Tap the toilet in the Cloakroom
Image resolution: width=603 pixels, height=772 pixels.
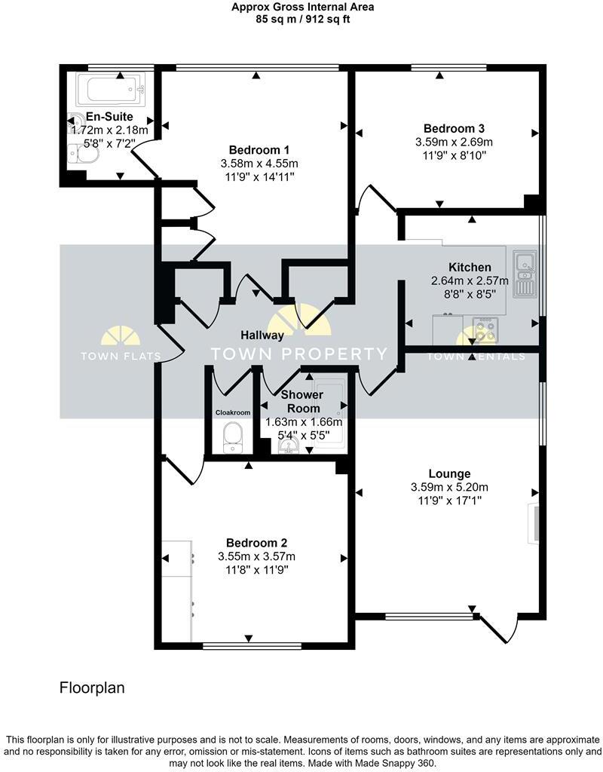232,436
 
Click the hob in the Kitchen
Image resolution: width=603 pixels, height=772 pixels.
483,329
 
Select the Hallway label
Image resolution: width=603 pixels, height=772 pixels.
262,335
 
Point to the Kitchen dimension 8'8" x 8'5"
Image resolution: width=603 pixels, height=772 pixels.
470,295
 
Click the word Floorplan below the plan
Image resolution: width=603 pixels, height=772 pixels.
92,688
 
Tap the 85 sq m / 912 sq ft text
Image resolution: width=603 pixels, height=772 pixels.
302,20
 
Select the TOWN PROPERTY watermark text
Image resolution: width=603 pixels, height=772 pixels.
298,354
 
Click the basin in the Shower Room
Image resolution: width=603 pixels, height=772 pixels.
289,448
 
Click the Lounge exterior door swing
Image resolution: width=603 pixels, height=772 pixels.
500,630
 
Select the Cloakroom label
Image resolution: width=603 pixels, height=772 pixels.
232,412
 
